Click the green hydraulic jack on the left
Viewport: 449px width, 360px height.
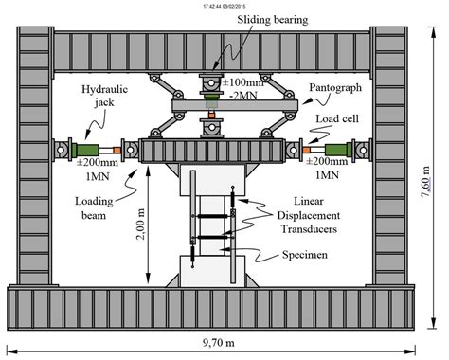tap(94, 148)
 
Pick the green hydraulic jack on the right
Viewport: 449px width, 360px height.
tap(341, 148)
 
